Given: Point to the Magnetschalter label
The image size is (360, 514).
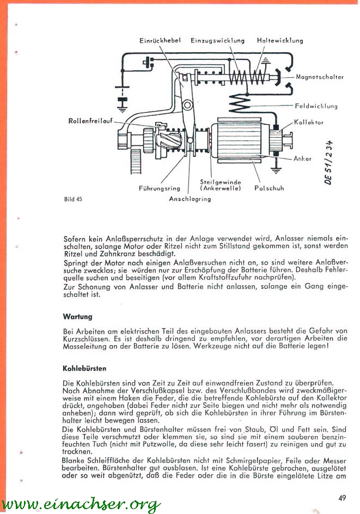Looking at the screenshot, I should tap(320, 77).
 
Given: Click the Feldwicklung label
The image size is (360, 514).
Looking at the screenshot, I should tap(316, 106).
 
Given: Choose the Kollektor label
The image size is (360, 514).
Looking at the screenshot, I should tap(309, 123).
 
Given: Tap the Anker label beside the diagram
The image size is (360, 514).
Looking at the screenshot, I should tap(302, 158).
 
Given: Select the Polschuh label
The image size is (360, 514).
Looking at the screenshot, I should tap(269, 188).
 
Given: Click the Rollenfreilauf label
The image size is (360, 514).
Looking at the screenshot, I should tap(90, 120).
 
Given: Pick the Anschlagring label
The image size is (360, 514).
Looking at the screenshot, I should tap(190, 199).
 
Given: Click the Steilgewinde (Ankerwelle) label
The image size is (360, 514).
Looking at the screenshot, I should tap(221, 185).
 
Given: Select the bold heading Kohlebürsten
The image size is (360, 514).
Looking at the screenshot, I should tap(84, 368).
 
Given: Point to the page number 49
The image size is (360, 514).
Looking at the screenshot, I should tap(341, 496).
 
